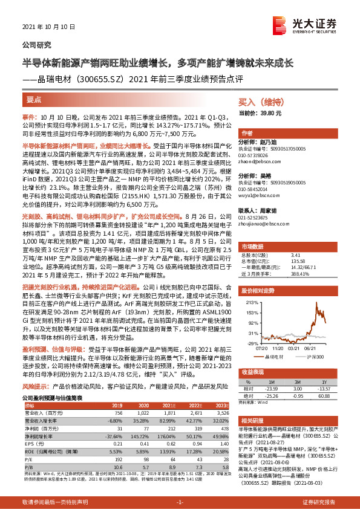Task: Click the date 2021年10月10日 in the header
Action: tap(44, 28)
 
